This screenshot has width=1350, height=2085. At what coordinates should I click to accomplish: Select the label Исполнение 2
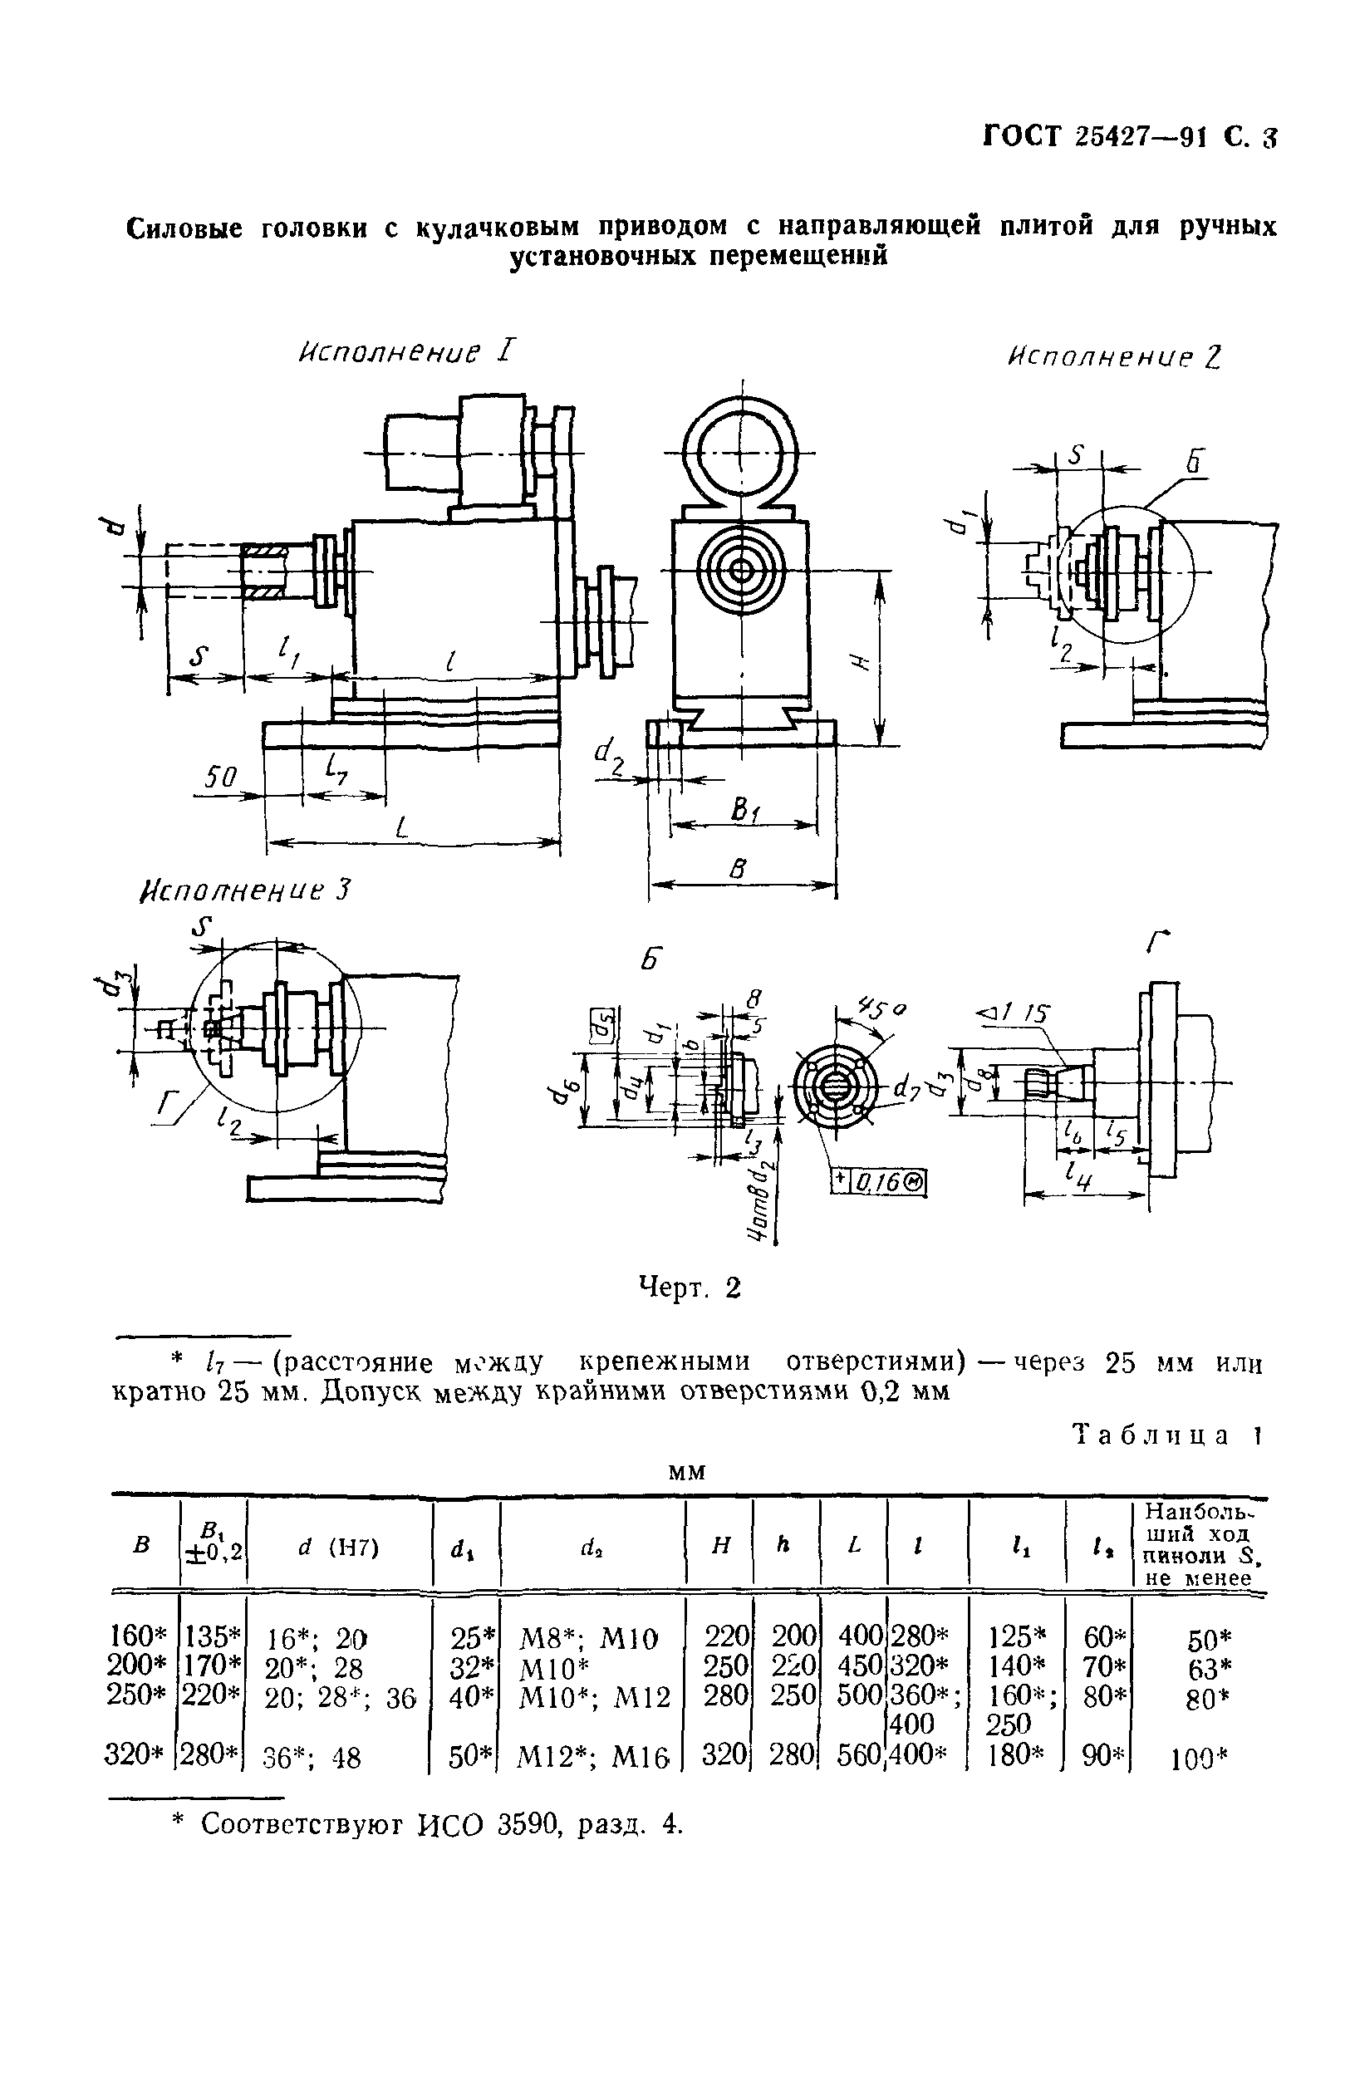(1112, 356)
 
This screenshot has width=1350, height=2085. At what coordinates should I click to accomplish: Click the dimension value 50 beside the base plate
(221, 777)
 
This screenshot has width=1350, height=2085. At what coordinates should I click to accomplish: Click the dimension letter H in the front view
(859, 664)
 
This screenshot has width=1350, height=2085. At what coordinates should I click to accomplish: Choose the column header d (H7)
(339, 1548)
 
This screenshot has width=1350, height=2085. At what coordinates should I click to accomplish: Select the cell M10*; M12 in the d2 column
(594, 1698)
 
